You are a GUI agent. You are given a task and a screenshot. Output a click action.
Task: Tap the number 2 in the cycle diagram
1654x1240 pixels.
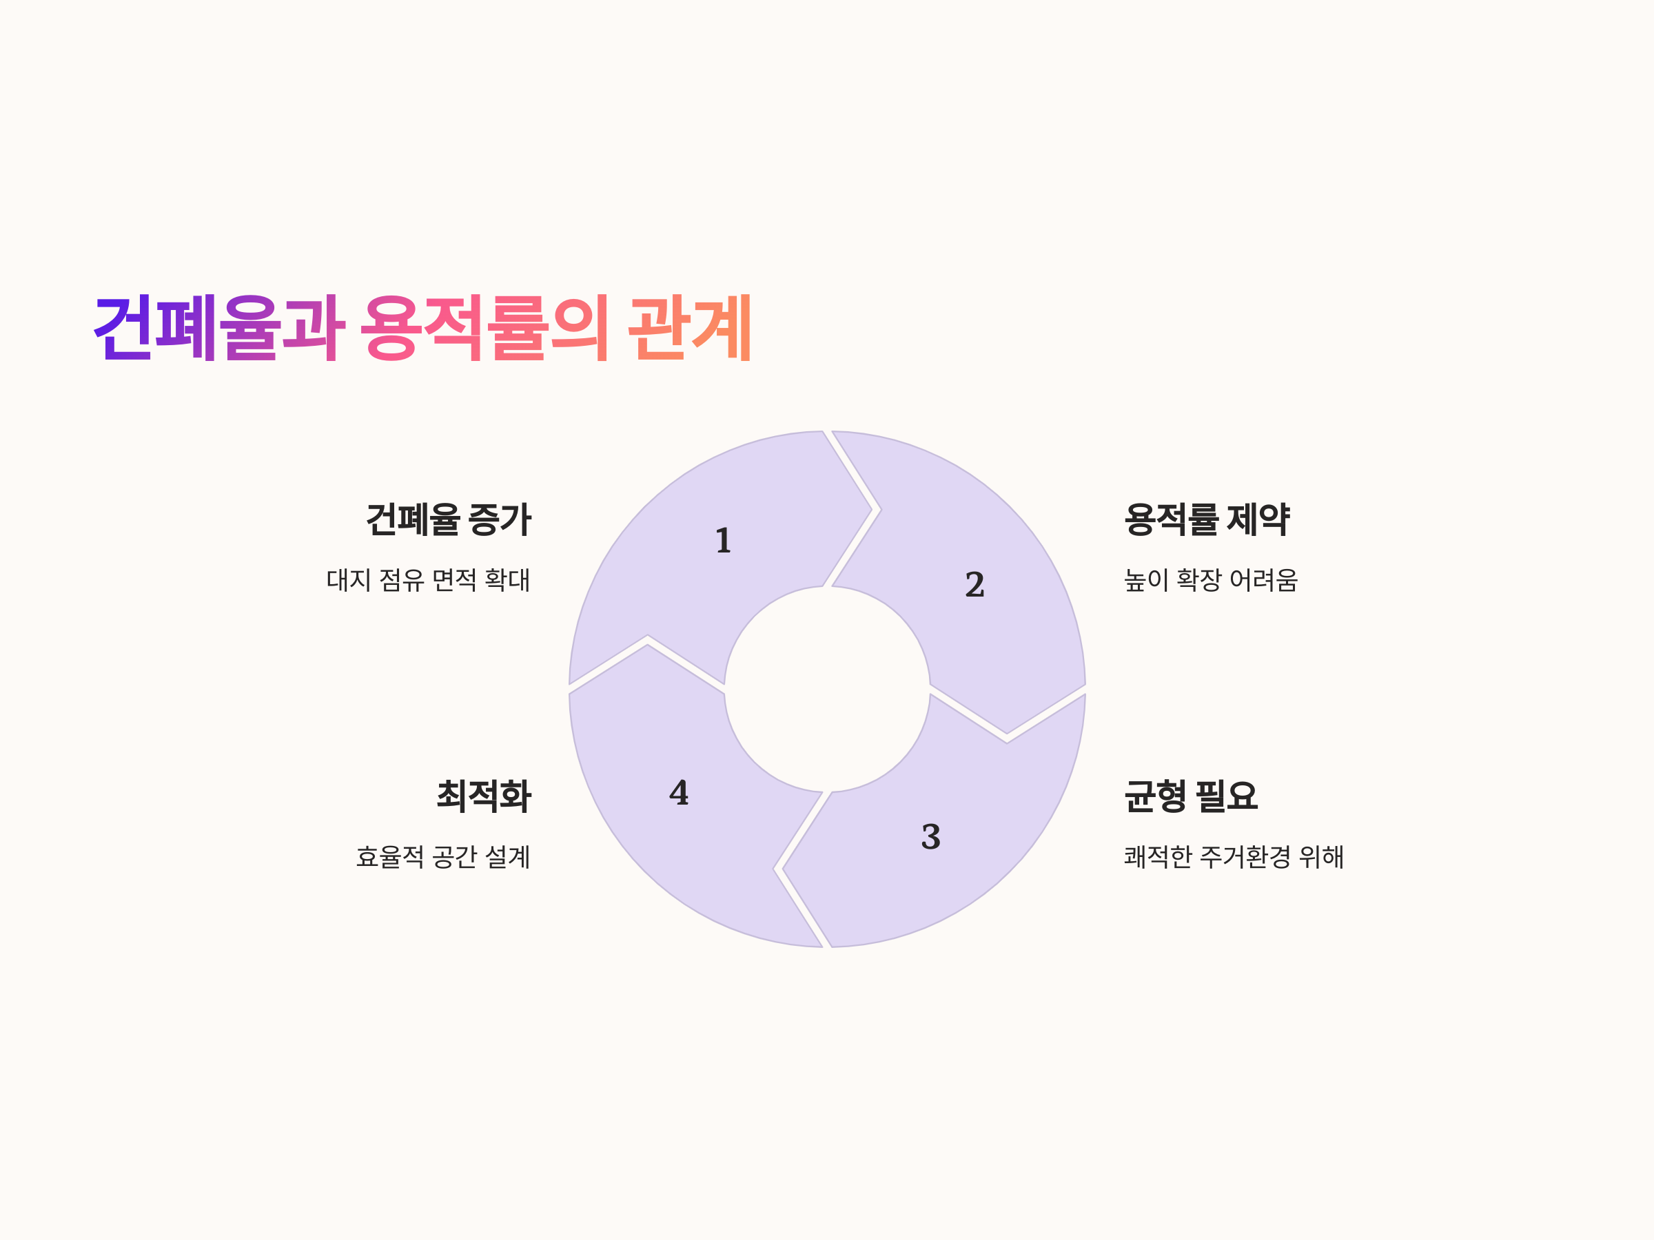[x=974, y=584]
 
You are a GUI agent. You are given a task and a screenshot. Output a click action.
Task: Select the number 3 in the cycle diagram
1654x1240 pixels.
[x=930, y=837]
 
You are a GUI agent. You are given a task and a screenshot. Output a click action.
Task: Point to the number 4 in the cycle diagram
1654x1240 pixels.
[x=679, y=793]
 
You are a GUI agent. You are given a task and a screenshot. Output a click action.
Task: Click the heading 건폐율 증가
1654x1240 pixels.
[x=448, y=519]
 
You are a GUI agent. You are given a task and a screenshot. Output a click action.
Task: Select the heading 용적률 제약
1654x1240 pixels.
[x=1207, y=519]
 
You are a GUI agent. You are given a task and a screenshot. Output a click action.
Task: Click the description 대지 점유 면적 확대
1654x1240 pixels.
[x=429, y=580]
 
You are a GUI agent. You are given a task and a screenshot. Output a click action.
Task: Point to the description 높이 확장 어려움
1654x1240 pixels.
[x=1211, y=580]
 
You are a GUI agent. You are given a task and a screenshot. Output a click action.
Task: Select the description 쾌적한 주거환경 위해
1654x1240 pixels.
[x=1234, y=856]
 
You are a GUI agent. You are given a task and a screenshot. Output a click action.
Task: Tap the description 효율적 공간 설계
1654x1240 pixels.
[x=443, y=856]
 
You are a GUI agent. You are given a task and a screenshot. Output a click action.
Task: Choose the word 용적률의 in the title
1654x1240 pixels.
[x=484, y=328]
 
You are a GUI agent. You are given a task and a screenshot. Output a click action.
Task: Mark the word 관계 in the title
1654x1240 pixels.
[x=689, y=328]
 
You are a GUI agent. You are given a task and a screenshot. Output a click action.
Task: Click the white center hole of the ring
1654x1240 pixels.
[x=827, y=689]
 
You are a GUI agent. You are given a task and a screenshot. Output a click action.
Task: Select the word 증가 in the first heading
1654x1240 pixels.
[x=500, y=519]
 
